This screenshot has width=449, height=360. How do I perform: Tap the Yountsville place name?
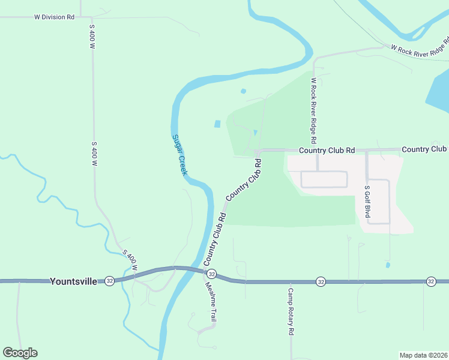73,281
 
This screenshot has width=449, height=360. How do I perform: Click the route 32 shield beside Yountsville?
109,281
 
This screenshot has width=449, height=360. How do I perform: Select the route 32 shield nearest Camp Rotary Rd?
321,281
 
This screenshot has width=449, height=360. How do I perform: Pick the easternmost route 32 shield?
431,281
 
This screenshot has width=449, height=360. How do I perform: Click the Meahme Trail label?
211,303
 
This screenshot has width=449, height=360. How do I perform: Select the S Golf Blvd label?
367,202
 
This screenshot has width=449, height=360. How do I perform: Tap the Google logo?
20,353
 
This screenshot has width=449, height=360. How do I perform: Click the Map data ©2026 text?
423,355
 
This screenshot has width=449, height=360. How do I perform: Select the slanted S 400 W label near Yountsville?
130,259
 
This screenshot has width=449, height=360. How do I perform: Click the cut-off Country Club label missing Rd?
424,149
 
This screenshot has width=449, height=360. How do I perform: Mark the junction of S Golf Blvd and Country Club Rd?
367,150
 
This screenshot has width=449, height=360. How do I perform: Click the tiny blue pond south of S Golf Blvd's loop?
388,265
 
